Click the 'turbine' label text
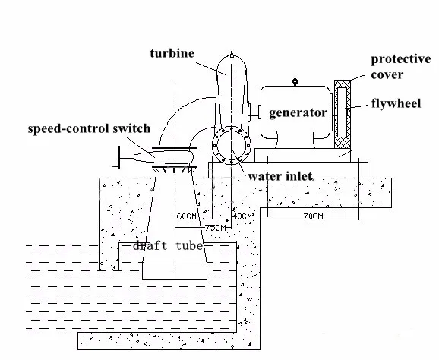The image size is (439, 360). point(172,53)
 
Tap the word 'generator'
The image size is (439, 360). point(298,112)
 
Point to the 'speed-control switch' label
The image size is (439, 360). point(89,129)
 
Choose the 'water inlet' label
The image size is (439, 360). point(280,176)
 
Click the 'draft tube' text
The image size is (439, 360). point(166,246)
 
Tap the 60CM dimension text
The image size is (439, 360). point(185,216)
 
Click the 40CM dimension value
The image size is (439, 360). point(242,216)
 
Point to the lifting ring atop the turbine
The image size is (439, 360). point(231,56)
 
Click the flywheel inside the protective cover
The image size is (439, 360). point(341,112)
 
